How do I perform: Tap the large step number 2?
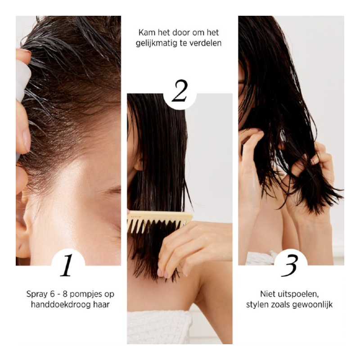[x=180, y=92]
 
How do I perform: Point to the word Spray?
[x=36, y=294]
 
